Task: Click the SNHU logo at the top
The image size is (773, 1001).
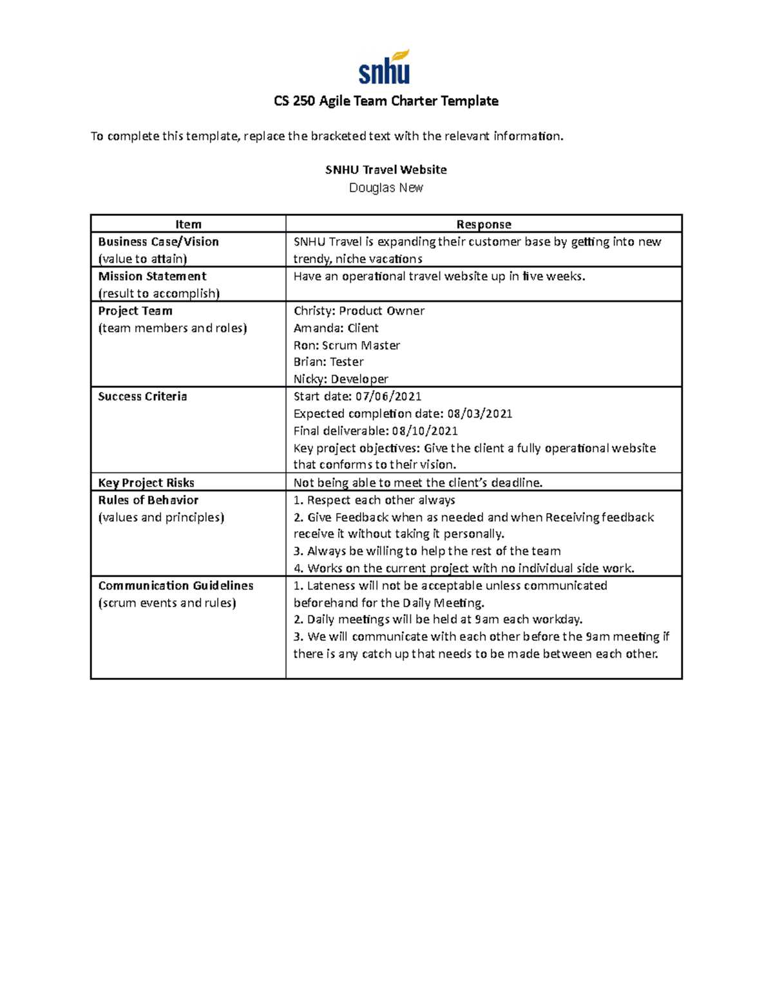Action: tap(385, 68)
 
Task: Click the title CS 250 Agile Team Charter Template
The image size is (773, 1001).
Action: tap(386, 101)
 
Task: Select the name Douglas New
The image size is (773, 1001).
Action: tap(386, 188)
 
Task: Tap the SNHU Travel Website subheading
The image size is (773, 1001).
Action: tap(386, 170)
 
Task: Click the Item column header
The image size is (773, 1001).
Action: tap(188, 224)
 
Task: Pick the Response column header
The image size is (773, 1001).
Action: tap(483, 224)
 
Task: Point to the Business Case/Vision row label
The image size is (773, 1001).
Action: tap(158, 242)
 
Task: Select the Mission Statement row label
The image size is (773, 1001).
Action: tap(152, 277)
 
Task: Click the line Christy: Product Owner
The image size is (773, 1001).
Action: tap(359, 311)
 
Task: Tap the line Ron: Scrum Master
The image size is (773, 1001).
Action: tap(347, 345)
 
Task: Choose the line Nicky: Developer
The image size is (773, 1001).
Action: tap(341, 379)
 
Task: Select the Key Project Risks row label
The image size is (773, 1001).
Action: tap(146, 483)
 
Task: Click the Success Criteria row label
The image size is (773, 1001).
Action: tap(142, 396)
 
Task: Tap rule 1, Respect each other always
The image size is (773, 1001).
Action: tap(374, 500)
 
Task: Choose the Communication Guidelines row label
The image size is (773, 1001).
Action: tap(176, 586)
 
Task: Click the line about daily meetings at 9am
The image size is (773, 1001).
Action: tap(438, 619)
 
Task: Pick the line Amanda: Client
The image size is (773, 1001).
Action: tap(336, 328)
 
